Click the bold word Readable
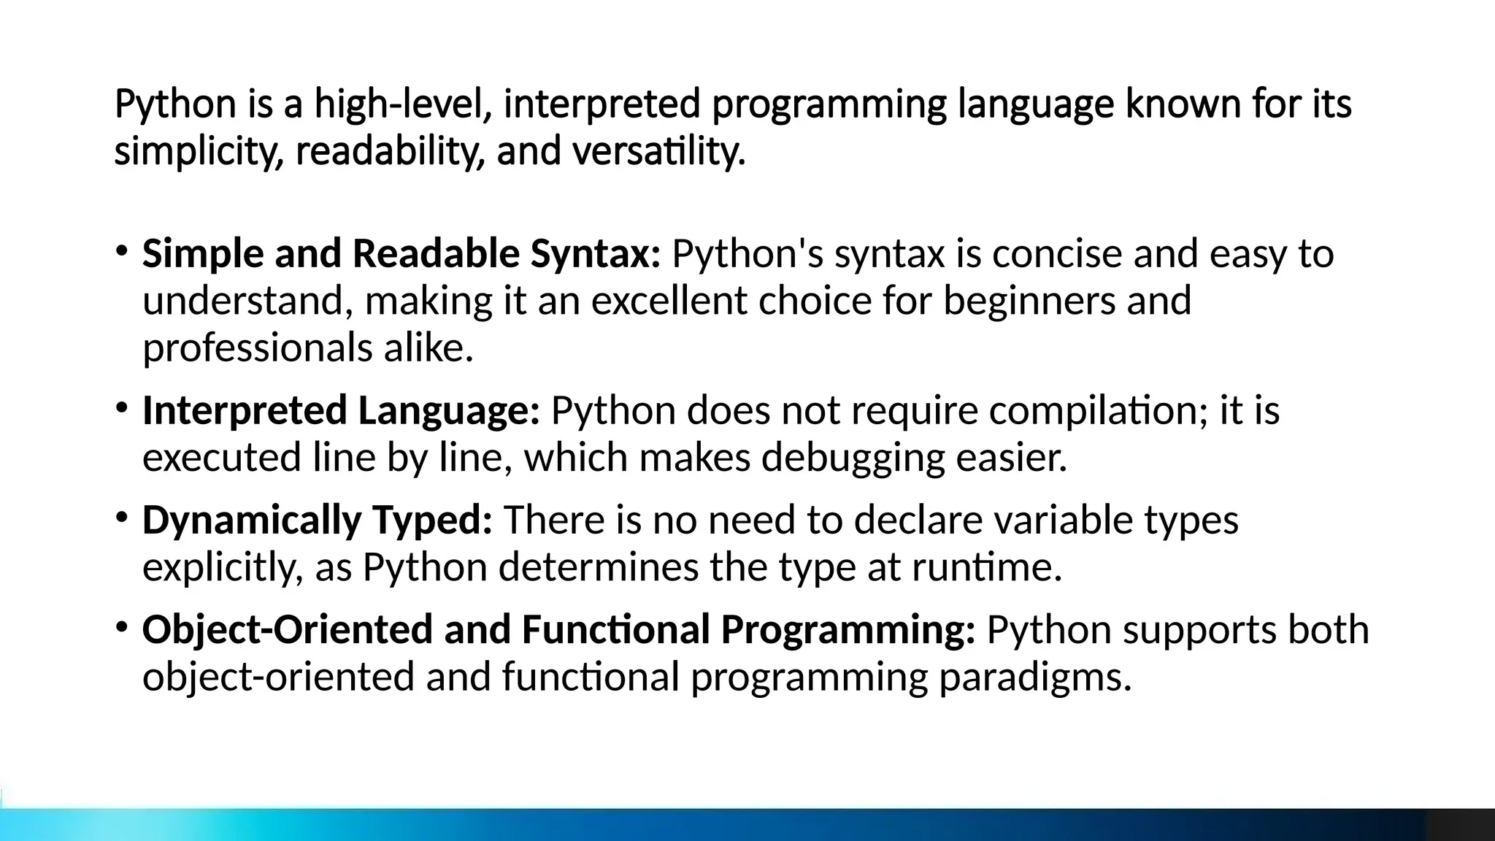click(436, 254)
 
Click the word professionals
click(258, 347)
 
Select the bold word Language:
click(448, 410)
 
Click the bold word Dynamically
click(252, 521)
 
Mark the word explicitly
click(223, 567)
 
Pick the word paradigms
click(1035, 677)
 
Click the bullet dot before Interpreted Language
click(122, 407)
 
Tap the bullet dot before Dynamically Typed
click(122, 518)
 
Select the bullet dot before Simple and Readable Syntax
click(122, 251)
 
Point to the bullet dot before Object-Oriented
click(122, 627)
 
